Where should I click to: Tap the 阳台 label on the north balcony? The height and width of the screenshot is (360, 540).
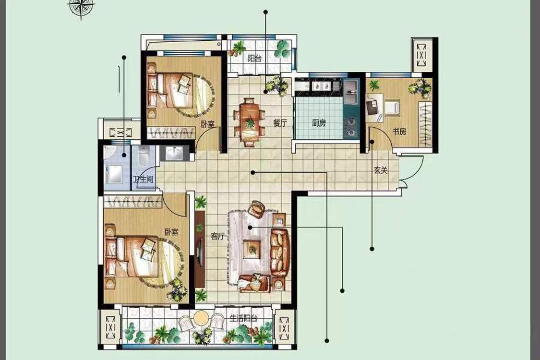[254, 59]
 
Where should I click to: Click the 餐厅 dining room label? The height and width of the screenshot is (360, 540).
[280, 123]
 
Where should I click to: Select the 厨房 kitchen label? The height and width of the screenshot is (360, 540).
[319, 123]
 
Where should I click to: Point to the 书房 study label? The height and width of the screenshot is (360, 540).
[400, 131]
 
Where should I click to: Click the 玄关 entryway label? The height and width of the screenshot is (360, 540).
[381, 170]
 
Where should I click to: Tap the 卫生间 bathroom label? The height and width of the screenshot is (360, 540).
[143, 179]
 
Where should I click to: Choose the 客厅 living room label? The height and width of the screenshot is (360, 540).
[217, 236]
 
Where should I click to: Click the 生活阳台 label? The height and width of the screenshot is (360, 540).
[243, 318]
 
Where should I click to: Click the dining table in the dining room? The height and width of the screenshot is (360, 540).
[249, 122]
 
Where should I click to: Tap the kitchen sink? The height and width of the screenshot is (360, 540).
[351, 92]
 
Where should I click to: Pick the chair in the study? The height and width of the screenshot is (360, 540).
[392, 107]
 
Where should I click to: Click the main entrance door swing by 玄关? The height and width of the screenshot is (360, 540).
[412, 169]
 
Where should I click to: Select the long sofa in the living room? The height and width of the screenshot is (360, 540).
[280, 252]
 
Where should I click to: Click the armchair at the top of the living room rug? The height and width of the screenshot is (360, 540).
[257, 209]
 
